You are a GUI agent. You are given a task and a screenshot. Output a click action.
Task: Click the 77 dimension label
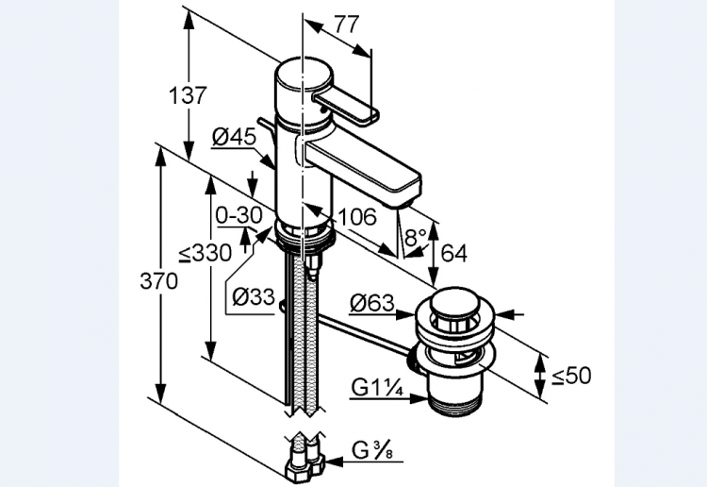(347, 25)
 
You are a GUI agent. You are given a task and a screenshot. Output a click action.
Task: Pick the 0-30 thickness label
(238, 215)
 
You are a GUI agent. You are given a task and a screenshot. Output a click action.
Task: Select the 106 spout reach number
(358, 217)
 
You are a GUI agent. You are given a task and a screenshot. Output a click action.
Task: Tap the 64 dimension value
(453, 254)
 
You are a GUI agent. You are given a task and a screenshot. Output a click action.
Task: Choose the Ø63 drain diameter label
(371, 304)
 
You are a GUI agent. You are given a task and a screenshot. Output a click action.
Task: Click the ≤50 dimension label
(571, 376)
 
